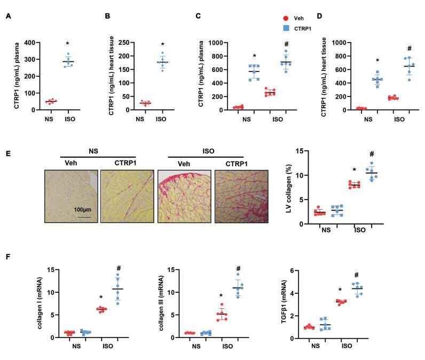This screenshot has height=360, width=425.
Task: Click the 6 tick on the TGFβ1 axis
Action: click(x=302, y=270)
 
